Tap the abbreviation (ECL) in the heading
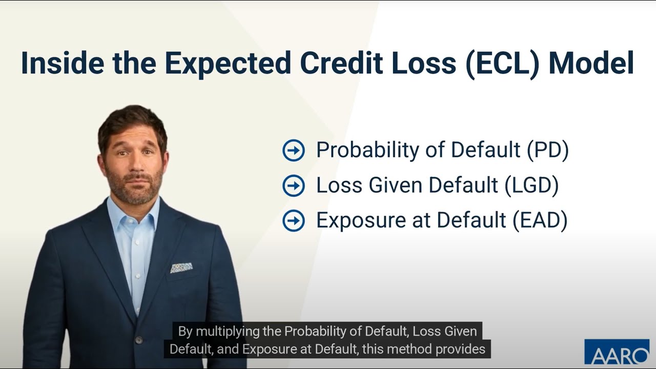(503, 63)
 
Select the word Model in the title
(591, 63)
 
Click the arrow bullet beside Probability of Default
(294, 151)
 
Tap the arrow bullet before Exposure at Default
(294, 221)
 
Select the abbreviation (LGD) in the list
(531, 186)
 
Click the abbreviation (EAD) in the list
(540, 220)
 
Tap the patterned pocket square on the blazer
(181, 268)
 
